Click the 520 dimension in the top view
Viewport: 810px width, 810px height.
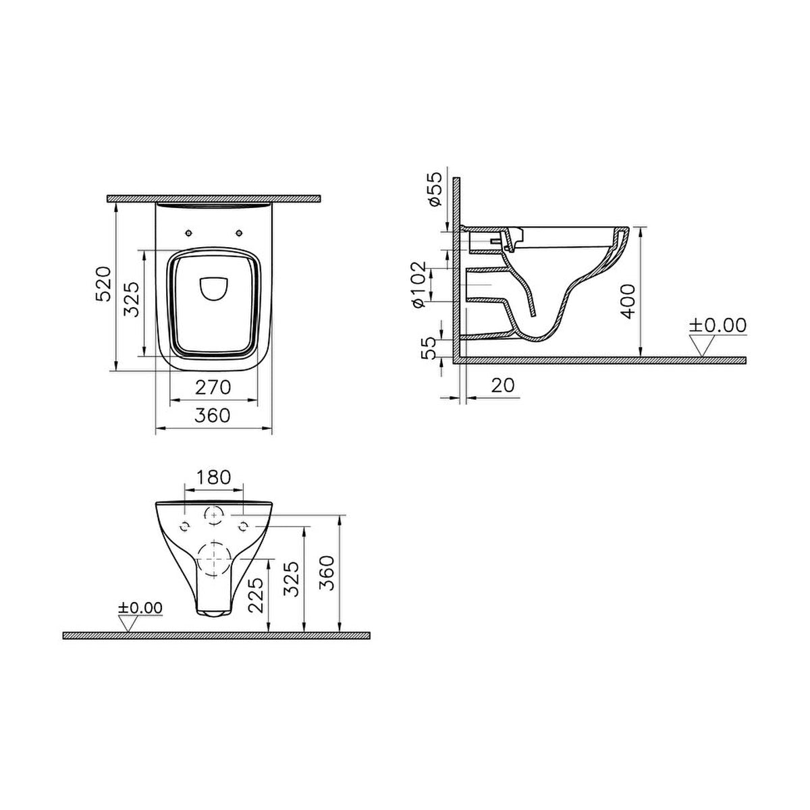coord(103,283)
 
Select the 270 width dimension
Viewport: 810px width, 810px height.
coord(213,387)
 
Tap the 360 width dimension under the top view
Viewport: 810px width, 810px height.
coord(213,415)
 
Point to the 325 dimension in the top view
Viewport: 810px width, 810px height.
coord(131,299)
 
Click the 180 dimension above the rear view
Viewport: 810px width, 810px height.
coord(213,477)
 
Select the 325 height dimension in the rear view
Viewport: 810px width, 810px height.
coord(292,578)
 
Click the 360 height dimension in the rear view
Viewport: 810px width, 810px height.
coord(327,573)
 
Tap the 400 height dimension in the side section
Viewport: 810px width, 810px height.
coord(628,301)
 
